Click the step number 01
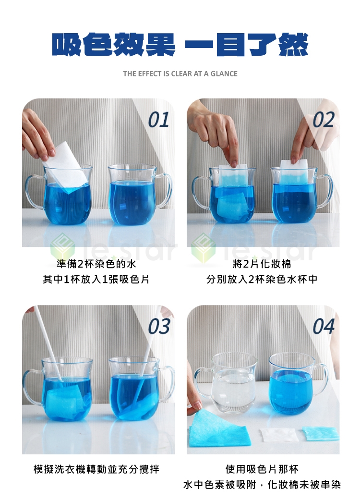(158, 120)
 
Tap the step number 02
(324, 120)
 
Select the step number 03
(159, 326)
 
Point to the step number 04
(324, 326)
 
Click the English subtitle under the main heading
(180, 74)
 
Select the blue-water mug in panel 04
(295, 383)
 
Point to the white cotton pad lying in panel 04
(278, 435)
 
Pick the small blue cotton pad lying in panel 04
(321, 433)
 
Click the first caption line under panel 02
(262, 264)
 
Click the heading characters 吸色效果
(114, 45)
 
